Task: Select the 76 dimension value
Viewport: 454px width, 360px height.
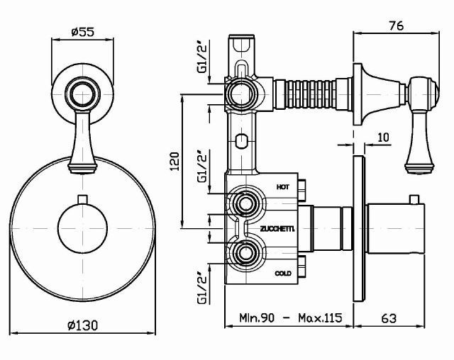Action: coord(397,26)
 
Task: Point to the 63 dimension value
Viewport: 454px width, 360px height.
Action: coord(388,319)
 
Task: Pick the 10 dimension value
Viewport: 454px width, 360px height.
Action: coord(383,138)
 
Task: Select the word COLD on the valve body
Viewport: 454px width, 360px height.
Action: coord(282,272)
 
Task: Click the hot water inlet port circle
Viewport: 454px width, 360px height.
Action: coord(247,206)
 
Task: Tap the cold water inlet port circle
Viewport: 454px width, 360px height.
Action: coord(247,252)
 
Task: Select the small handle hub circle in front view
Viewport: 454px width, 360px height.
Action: coord(84,92)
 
